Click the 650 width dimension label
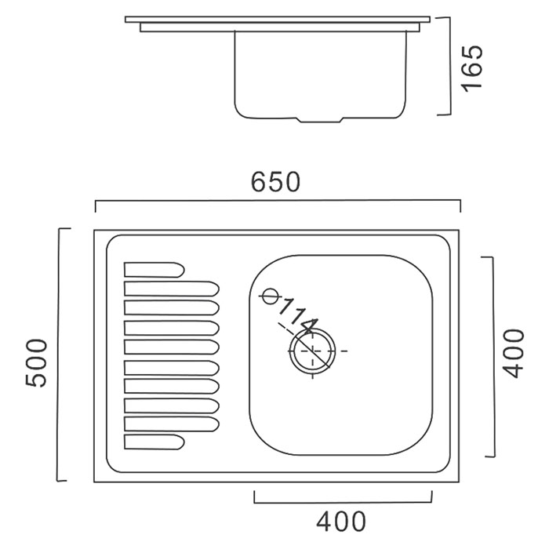click(x=275, y=182)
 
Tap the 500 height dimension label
click(x=36, y=362)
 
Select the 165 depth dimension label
click(x=472, y=69)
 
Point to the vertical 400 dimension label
click(x=513, y=353)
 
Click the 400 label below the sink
click(x=341, y=522)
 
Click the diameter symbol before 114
click(x=270, y=296)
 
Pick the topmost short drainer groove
click(x=154, y=270)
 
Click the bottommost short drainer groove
click(x=154, y=442)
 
